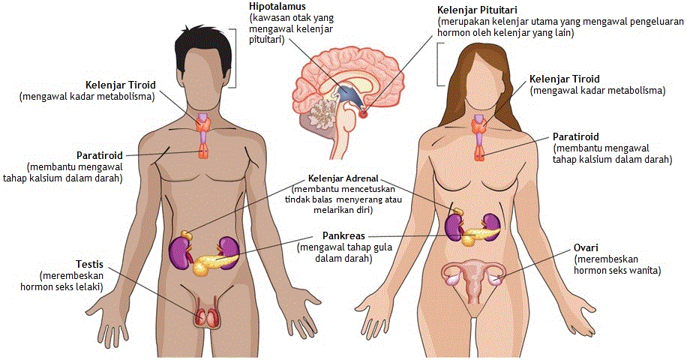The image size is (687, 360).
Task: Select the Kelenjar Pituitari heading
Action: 476,10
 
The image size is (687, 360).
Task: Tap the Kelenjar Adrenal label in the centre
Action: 343,179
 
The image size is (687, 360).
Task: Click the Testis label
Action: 88,265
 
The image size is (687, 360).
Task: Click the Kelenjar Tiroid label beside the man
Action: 119,84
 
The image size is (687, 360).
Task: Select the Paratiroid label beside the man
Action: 100,154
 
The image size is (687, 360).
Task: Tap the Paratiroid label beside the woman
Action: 575,137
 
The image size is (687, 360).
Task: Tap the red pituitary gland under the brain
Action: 364,114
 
